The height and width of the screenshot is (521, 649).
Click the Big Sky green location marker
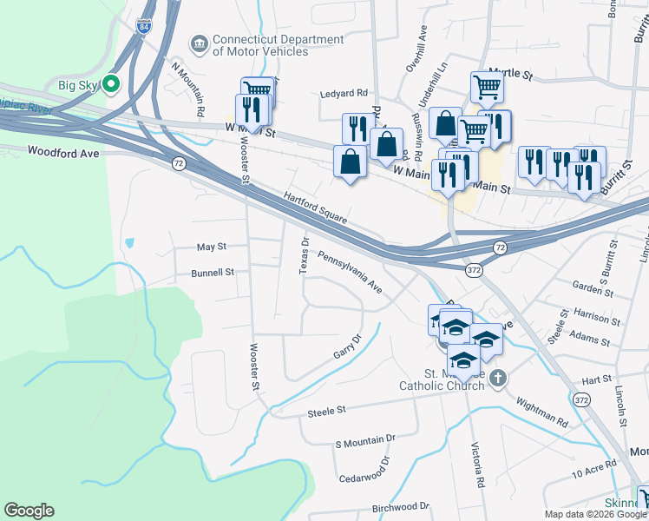111,84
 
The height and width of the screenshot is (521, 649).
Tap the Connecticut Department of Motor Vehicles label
266,45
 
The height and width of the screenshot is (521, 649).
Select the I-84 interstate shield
143,26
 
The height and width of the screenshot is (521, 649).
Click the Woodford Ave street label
64,150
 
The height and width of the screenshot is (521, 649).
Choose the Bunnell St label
213,273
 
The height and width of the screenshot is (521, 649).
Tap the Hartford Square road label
315,208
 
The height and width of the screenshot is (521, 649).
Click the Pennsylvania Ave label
350,272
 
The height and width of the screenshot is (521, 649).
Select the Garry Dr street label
346,348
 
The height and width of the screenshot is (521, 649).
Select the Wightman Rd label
542,409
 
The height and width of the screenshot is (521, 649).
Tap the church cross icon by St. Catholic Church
497,378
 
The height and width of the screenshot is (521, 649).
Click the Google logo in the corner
29,511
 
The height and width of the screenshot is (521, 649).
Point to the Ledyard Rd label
344,93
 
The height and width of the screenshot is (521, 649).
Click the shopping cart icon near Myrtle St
487,86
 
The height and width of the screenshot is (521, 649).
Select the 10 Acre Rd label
593,474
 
